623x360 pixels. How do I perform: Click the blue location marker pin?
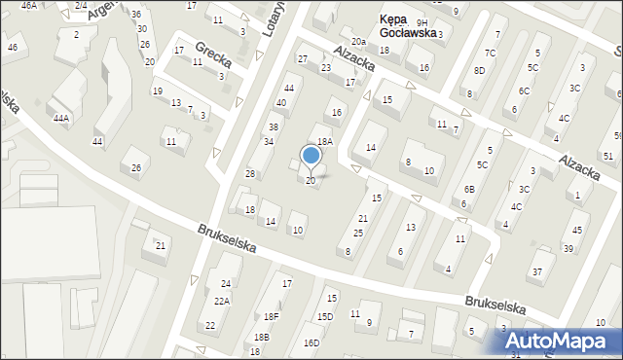click(x=311, y=156)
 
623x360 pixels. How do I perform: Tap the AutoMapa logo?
click(x=564, y=341)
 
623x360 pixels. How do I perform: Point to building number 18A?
click(x=325, y=141)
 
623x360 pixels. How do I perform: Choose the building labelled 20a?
click(x=359, y=41)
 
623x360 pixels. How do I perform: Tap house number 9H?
click(x=421, y=22)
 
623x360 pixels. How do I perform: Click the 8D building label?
click(x=479, y=70)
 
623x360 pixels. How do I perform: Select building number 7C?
click(x=490, y=53)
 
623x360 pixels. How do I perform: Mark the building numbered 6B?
click(x=469, y=189)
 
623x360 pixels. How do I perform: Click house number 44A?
click(x=61, y=118)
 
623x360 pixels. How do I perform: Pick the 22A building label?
click(x=222, y=302)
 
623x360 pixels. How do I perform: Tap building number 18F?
click(x=272, y=317)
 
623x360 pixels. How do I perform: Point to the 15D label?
click(x=324, y=317)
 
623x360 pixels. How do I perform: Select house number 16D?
click(x=311, y=342)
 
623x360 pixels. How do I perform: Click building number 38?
click(x=274, y=127)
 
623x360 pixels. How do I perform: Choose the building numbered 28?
click(x=250, y=173)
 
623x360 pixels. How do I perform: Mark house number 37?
click(x=536, y=270)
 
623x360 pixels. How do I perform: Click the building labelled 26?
click(x=136, y=168)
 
